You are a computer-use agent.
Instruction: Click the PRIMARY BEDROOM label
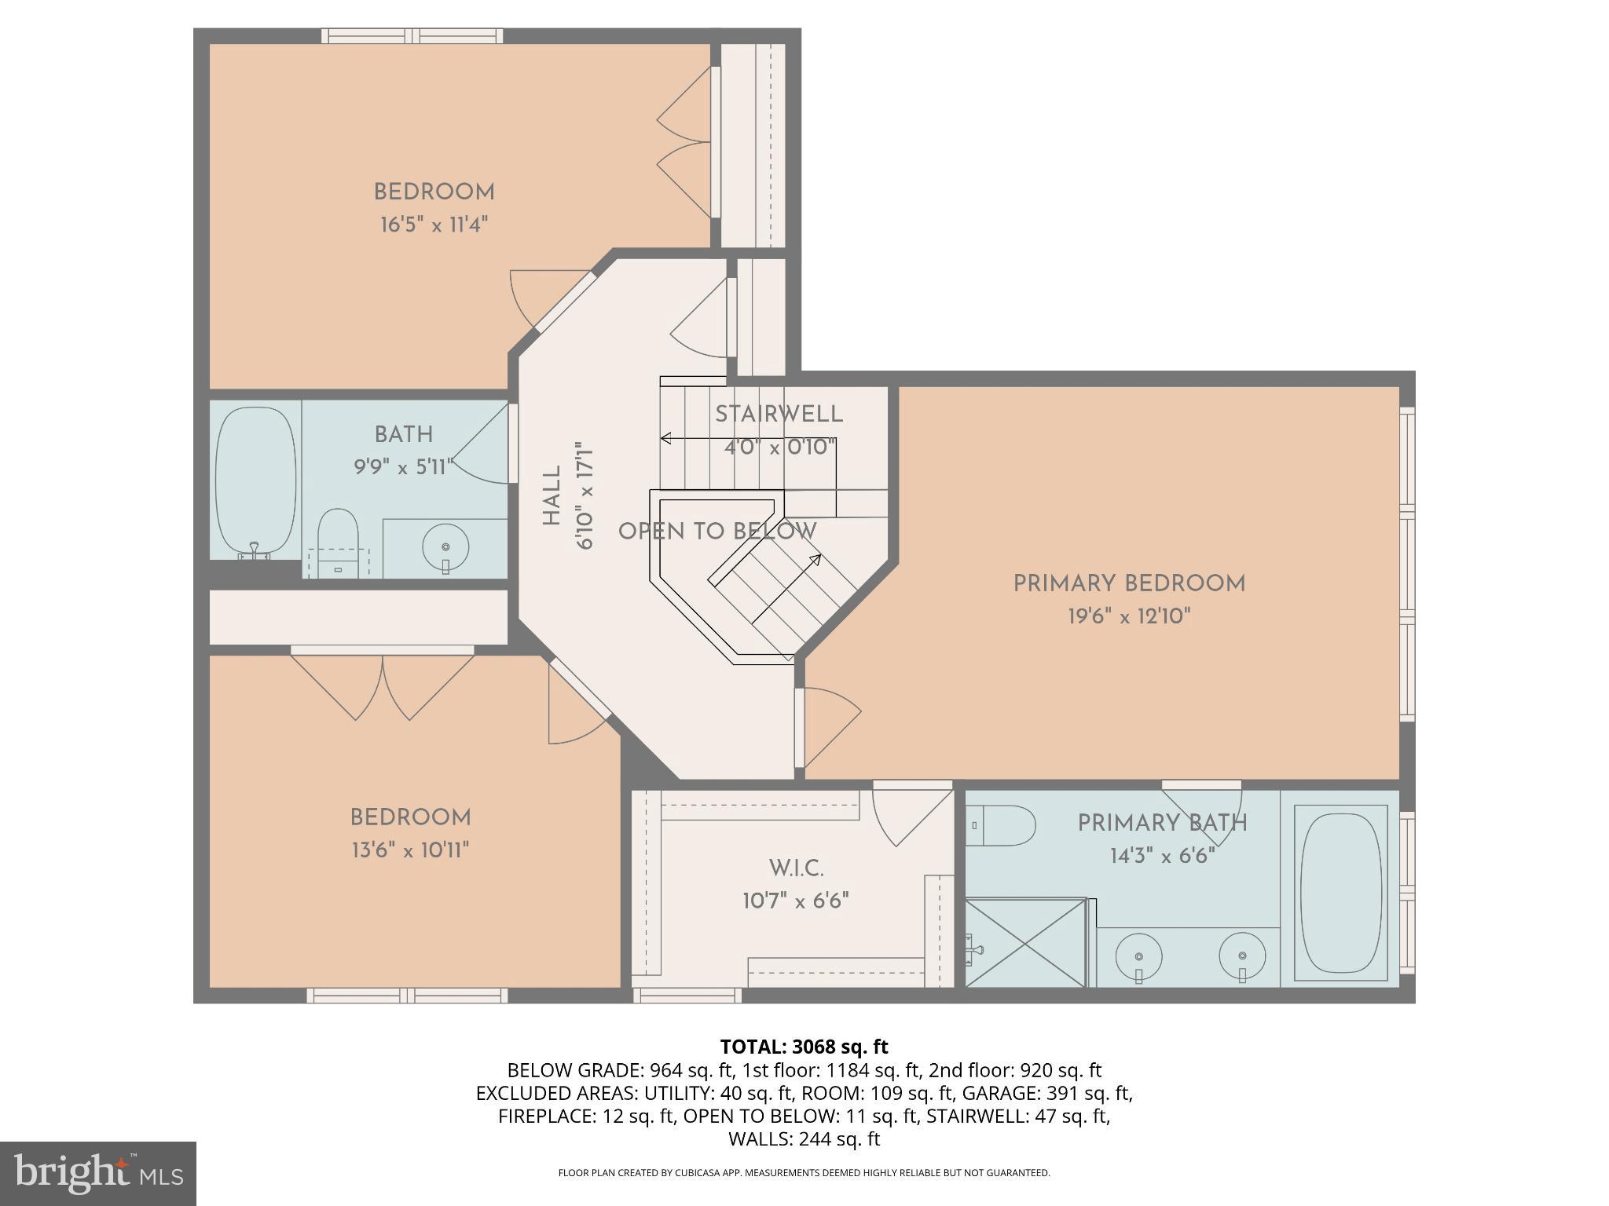click(1129, 583)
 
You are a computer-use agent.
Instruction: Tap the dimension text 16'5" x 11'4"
click(434, 225)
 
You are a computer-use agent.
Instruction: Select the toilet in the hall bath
click(339, 540)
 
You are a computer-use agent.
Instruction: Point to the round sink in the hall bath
click(445, 546)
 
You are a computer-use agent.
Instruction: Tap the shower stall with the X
click(1025, 943)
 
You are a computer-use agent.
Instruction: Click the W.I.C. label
click(796, 868)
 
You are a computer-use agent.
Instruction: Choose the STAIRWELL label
click(779, 415)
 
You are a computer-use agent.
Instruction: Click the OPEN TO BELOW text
click(717, 532)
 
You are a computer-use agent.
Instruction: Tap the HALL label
click(552, 495)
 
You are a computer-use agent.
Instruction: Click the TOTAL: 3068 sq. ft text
click(804, 1047)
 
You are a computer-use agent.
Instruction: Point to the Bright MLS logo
click(97, 1173)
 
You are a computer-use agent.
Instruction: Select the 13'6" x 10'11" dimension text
click(410, 850)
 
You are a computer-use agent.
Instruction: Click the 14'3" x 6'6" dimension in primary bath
click(1162, 856)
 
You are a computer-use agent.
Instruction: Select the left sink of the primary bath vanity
click(1138, 958)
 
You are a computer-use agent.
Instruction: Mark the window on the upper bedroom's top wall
click(412, 35)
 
